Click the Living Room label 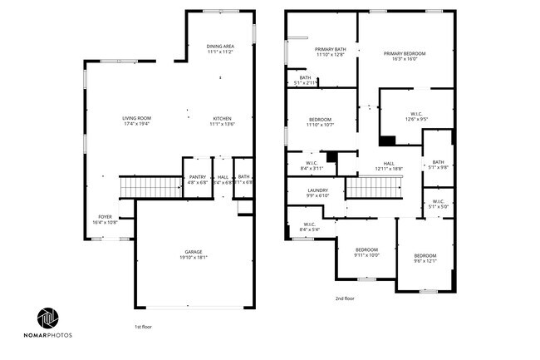(x=137, y=121)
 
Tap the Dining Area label (x=220, y=48)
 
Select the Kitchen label (x=222, y=121)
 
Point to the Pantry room (x=198, y=179)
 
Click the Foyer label (x=105, y=219)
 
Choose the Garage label (x=194, y=254)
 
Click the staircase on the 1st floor (x=150, y=188)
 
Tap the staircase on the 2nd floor (x=373, y=190)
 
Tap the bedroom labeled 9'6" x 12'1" (x=425, y=258)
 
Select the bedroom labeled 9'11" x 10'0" (x=366, y=252)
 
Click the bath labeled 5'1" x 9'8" (x=438, y=165)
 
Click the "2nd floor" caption (x=345, y=298)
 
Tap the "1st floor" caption (x=144, y=327)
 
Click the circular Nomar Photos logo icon (x=48, y=318)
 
